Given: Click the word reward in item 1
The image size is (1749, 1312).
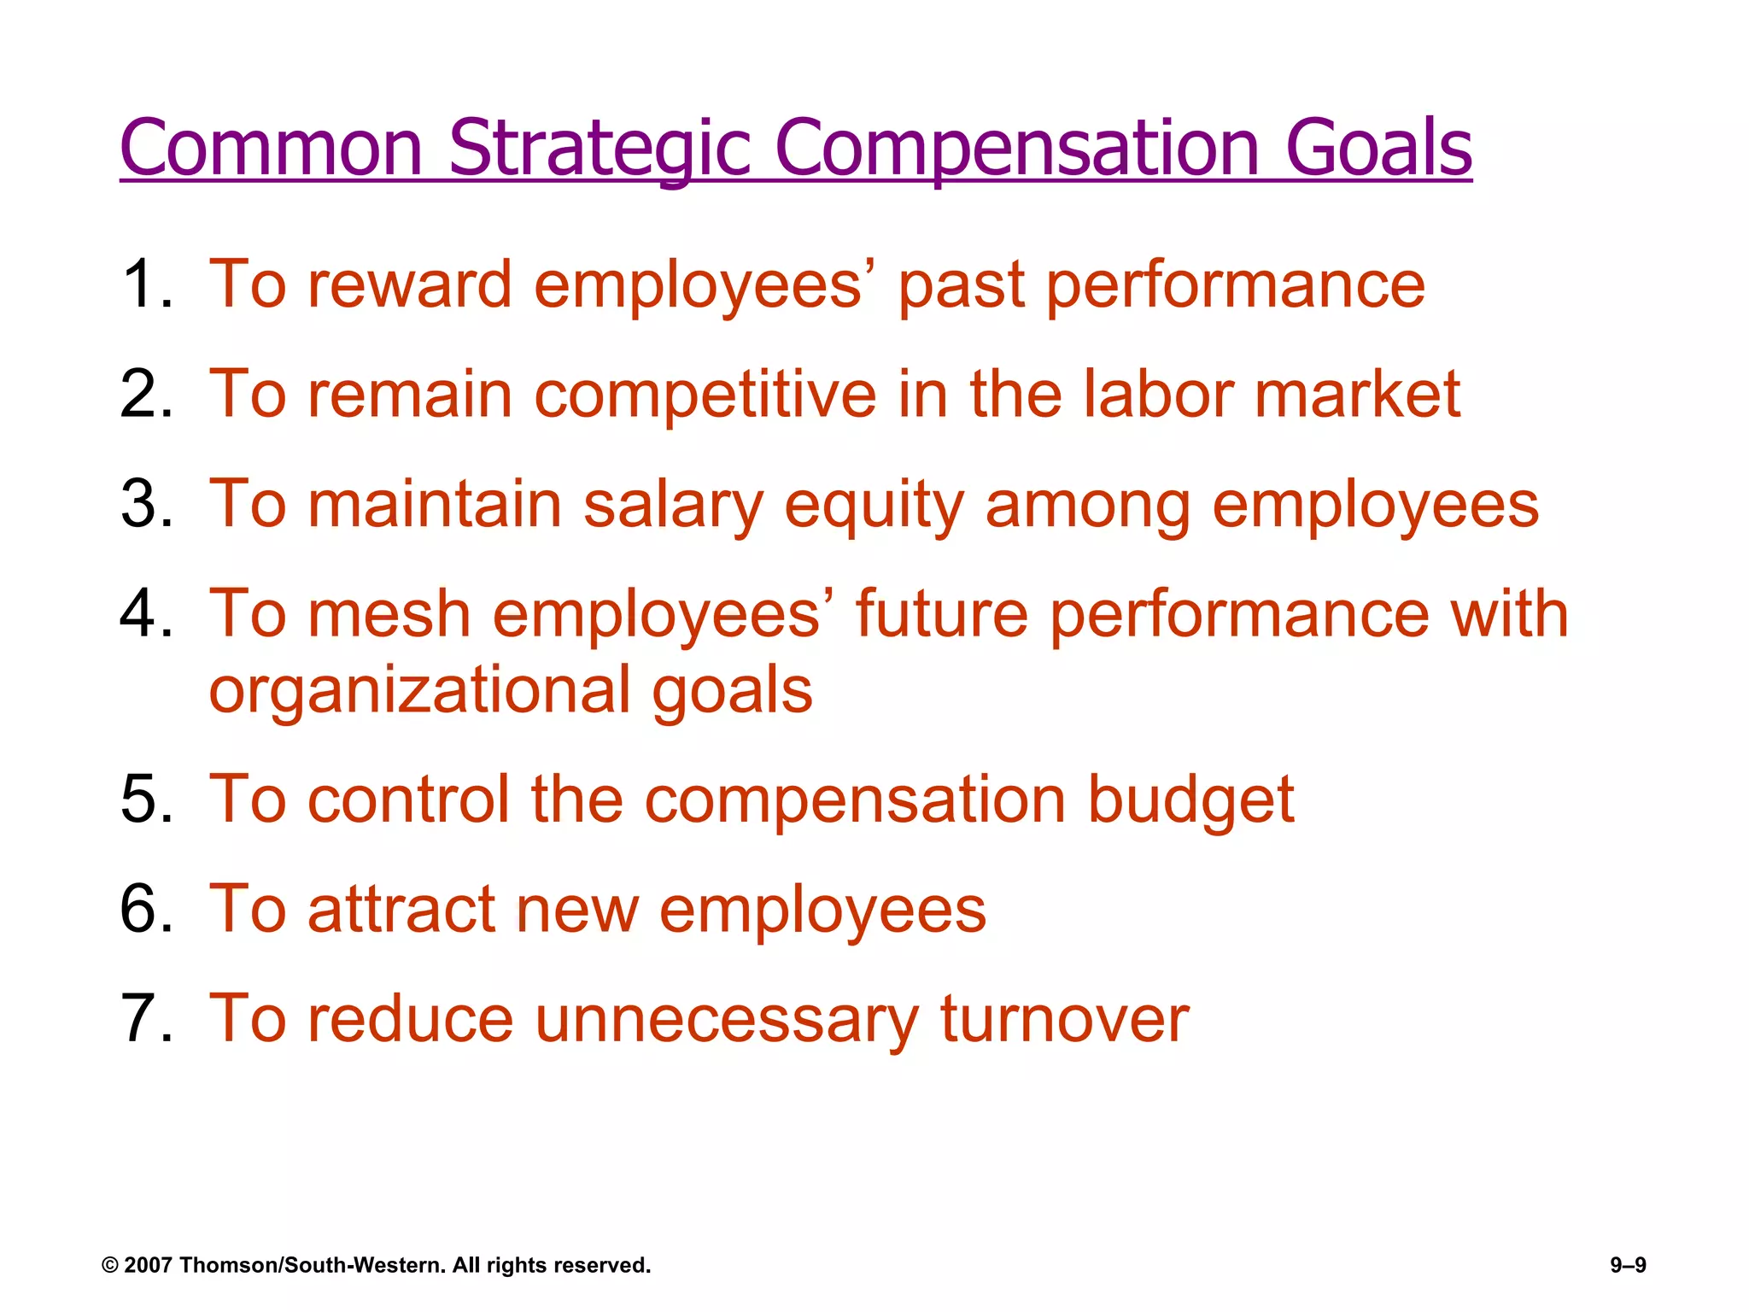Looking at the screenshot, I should [409, 284].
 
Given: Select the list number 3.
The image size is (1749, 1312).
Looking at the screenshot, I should [141, 504].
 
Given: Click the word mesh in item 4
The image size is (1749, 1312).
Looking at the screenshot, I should [389, 613].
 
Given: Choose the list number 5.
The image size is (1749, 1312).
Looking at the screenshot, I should [141, 799].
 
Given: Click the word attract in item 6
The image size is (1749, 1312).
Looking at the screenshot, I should [401, 909].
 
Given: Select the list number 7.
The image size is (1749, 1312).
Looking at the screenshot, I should [141, 1018].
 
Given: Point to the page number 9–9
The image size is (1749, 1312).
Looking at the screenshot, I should [1628, 1265].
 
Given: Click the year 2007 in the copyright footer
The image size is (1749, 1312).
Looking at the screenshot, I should [148, 1265].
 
